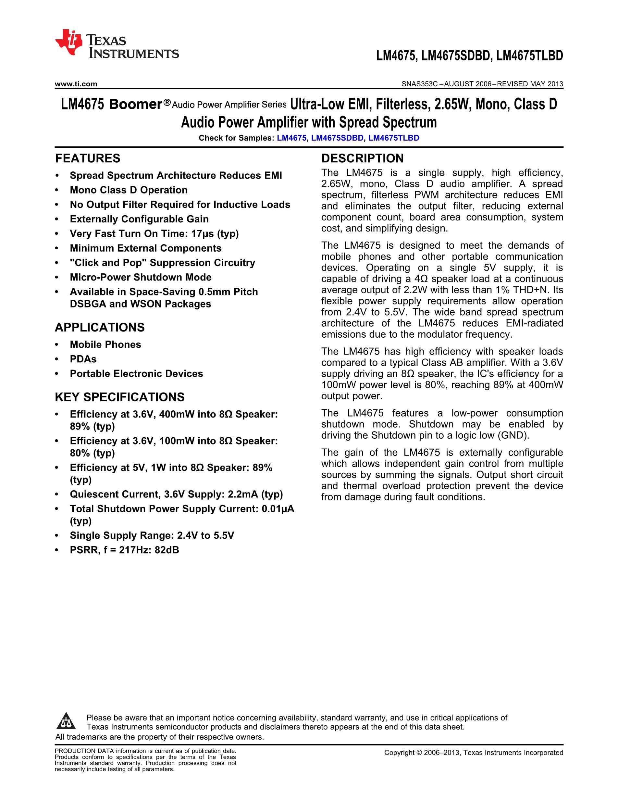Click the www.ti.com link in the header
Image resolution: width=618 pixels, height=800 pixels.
click(76, 84)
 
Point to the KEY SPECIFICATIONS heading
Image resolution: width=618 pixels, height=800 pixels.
click(119, 397)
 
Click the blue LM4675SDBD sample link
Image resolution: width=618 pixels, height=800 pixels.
click(337, 138)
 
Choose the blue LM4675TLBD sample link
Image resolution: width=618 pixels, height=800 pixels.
click(394, 138)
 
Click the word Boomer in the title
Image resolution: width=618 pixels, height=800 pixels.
click(135, 105)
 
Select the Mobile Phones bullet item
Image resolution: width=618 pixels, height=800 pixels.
click(105, 344)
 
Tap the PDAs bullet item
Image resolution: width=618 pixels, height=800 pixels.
click(83, 359)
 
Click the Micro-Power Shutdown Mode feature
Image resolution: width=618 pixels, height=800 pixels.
click(141, 277)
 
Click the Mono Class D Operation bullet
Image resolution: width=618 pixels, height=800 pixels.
click(129, 190)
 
